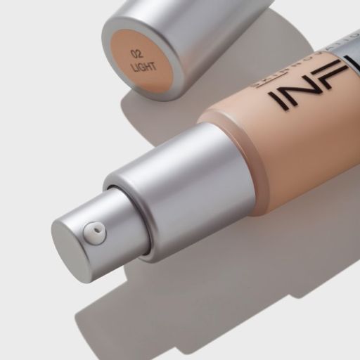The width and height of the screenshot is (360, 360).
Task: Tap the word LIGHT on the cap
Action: [143, 67]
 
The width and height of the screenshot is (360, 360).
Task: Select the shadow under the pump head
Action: [120, 309]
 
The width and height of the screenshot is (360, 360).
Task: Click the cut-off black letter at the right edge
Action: [352, 67]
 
